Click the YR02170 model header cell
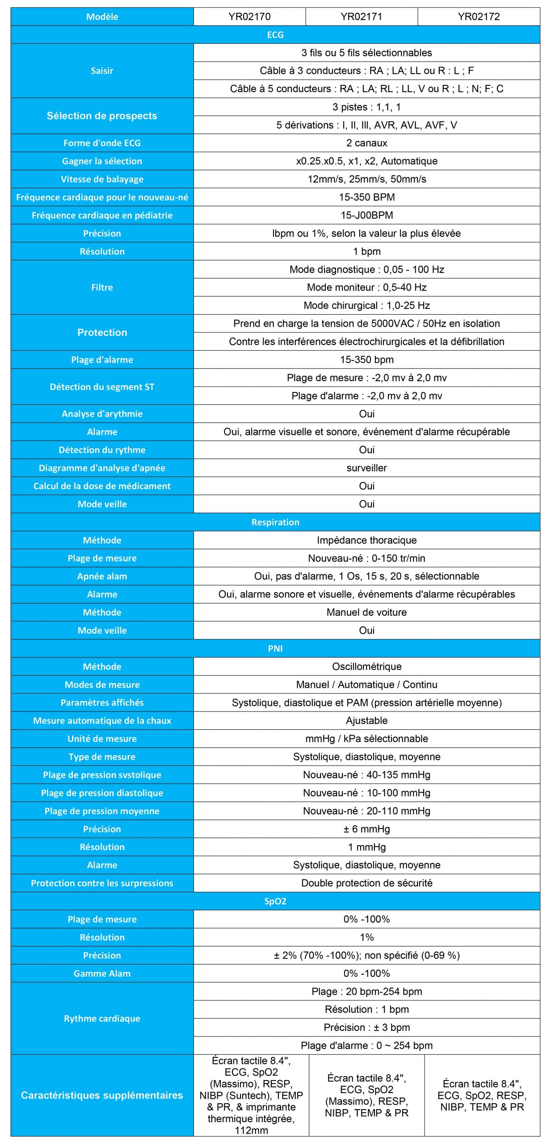pyautogui.click(x=249, y=17)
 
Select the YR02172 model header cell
pyautogui.click(x=478, y=17)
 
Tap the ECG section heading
pyautogui.click(x=275, y=35)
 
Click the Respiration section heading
pyautogui.click(x=275, y=522)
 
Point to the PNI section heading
pyautogui.click(x=275, y=648)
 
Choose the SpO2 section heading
pyautogui.click(x=275, y=901)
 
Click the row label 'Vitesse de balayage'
pyautogui.click(x=102, y=179)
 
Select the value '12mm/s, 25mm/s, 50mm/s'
pyautogui.click(x=366, y=179)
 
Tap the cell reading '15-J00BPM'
pyautogui.click(x=366, y=215)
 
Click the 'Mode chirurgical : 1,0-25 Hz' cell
pyautogui.click(x=366, y=306)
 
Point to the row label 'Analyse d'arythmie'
pyautogui.click(x=102, y=414)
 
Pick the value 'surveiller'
pyautogui.click(x=366, y=468)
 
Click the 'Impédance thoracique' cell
pyautogui.click(x=366, y=540)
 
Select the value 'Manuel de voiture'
pyautogui.click(x=366, y=612)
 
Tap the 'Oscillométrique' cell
pyautogui.click(x=366, y=667)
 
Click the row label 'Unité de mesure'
pyautogui.click(x=102, y=739)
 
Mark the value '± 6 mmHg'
pyautogui.click(x=366, y=829)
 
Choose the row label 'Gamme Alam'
pyautogui.click(x=102, y=973)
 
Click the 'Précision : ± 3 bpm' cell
pyautogui.click(x=366, y=1027)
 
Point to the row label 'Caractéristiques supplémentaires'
pyautogui.click(x=102, y=1095)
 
